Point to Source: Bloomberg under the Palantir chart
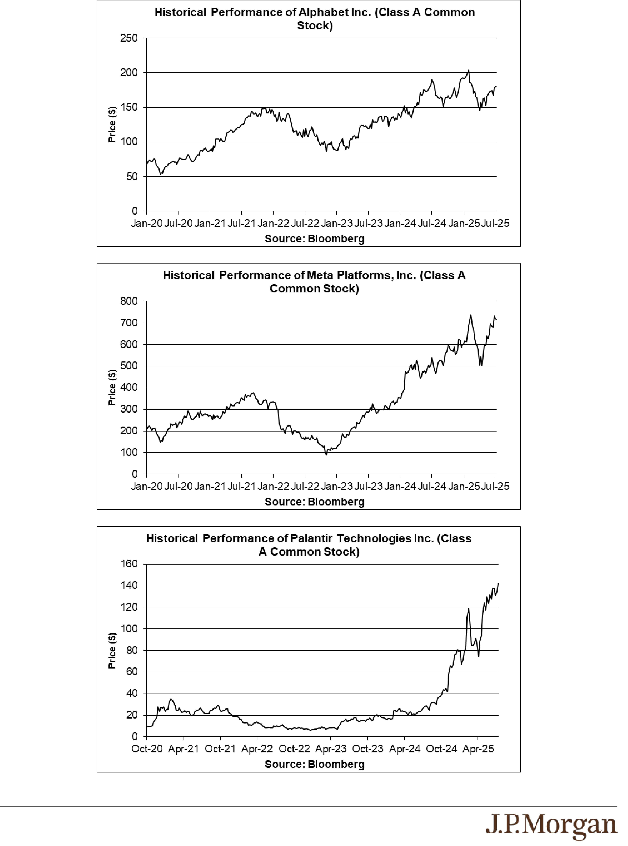pos(315,764)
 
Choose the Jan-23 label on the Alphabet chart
pos(336,223)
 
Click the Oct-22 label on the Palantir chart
pos(294,749)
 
